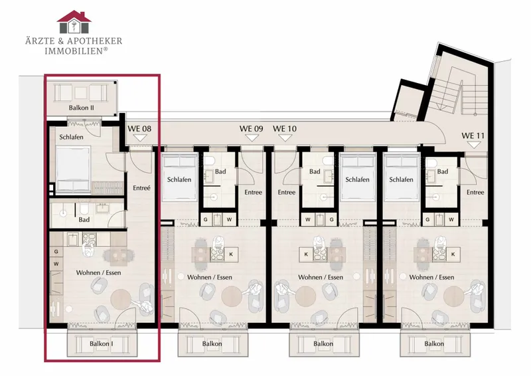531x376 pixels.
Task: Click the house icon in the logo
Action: point(74,22)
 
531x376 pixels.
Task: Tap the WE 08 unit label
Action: point(139,129)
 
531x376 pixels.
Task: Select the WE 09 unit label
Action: point(252,129)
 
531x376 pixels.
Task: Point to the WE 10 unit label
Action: point(285,129)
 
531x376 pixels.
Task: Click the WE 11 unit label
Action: point(473,136)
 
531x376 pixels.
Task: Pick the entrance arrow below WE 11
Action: point(473,145)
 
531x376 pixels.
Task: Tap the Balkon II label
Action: point(81,108)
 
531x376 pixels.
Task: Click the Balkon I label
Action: point(102,344)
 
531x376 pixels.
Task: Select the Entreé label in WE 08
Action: point(141,188)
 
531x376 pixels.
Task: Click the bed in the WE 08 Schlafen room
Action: point(74,169)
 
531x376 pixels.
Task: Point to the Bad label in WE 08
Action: point(84,220)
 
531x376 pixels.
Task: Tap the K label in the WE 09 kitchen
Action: point(231,254)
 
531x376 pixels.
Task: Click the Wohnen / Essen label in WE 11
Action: point(432,277)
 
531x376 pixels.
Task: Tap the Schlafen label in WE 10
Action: point(357,179)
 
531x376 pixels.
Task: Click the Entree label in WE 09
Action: point(254,192)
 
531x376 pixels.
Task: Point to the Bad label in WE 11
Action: point(443,171)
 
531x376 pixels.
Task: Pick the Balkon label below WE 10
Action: point(323,344)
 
